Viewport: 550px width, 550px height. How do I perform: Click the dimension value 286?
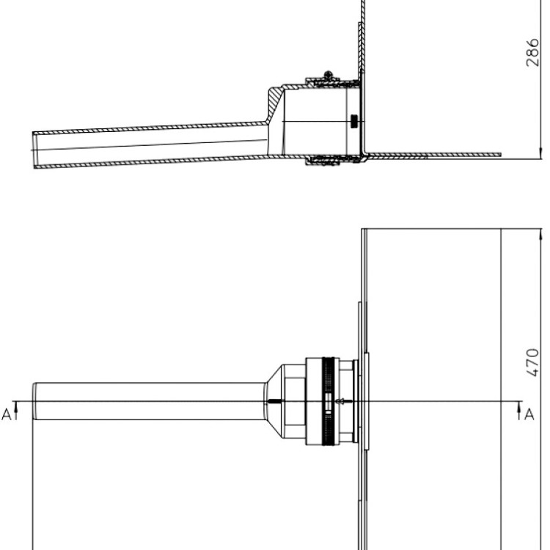point(532,53)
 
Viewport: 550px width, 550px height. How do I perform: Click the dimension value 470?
point(532,363)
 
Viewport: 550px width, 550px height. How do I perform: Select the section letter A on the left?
point(7,414)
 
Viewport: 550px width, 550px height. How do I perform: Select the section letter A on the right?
point(529,414)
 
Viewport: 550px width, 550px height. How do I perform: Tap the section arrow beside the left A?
point(16,411)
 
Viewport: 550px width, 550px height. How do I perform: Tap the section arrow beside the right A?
point(519,411)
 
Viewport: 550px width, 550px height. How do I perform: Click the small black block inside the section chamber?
point(354,121)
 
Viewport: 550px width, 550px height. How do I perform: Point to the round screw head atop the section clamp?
point(329,75)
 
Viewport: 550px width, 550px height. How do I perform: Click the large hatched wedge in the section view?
point(276,102)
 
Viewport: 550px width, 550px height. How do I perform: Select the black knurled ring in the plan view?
point(328,401)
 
